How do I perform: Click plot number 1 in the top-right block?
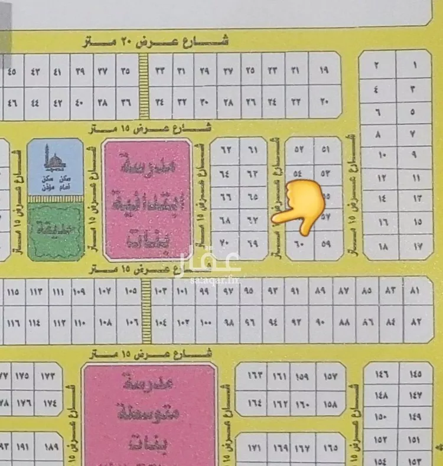point(414,66)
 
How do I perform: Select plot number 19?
point(324,71)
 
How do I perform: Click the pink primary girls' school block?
point(147,200)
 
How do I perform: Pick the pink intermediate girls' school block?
point(148,413)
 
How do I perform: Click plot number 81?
point(414,292)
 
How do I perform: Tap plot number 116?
point(14,323)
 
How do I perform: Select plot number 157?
point(330,376)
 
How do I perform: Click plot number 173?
point(48,376)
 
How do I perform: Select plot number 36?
point(125,102)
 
